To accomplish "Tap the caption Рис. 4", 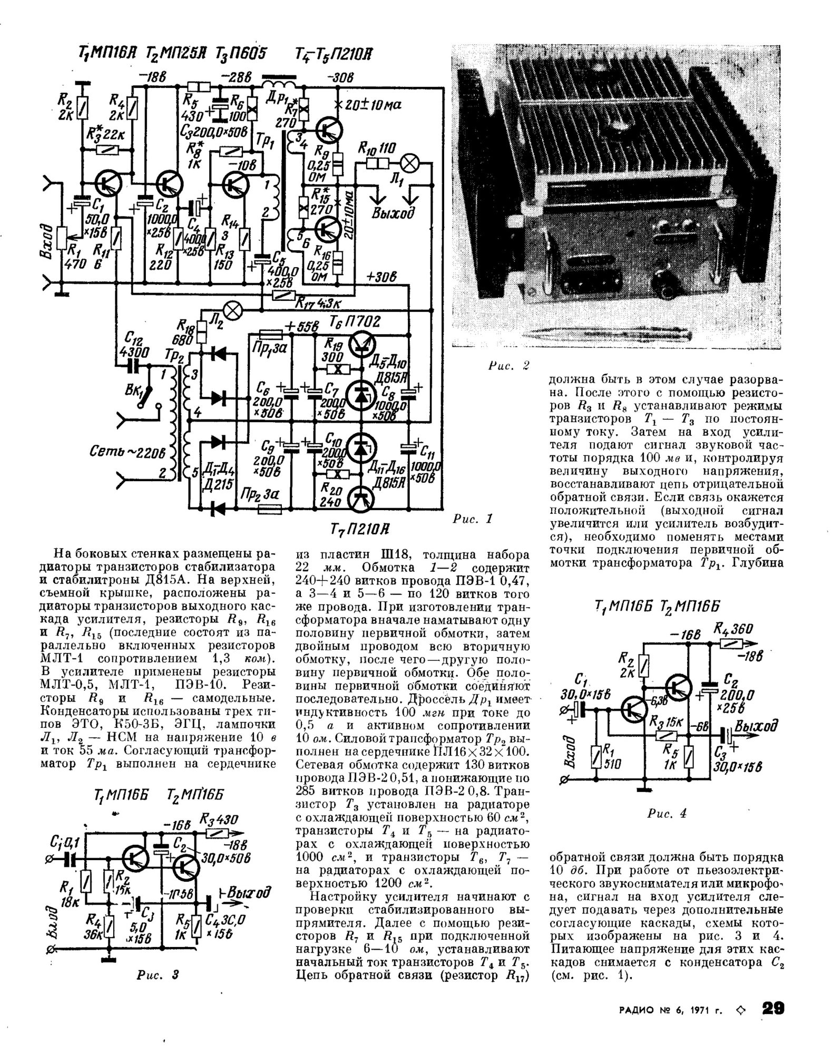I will (667, 813).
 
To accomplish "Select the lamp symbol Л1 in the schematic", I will (409, 163).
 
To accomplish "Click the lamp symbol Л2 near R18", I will (233, 310).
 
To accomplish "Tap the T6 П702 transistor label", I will (354, 321).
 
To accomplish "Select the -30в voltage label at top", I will (341, 78).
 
